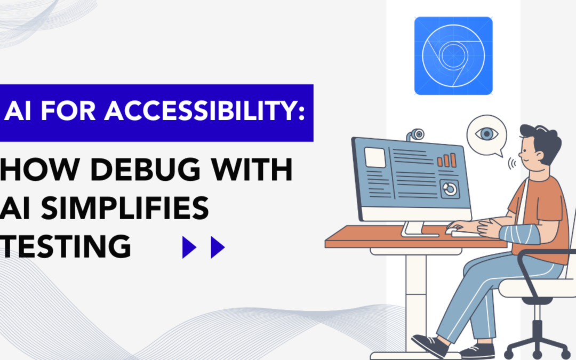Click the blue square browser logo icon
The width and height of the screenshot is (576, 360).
point(453,55)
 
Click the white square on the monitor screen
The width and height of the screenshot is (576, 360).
point(374,157)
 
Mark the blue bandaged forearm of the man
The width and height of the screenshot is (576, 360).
point(519,234)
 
